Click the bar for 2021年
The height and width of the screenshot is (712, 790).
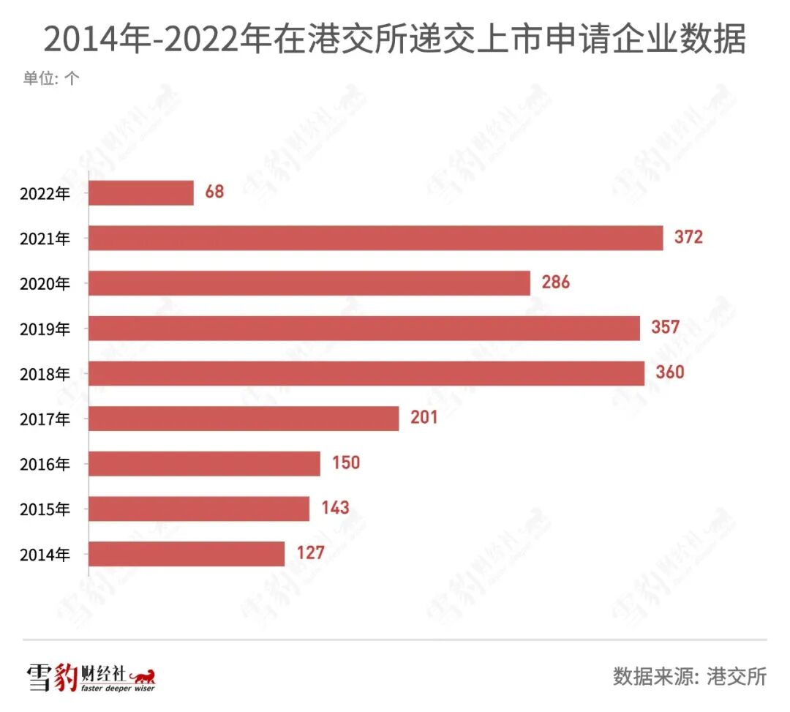(376, 238)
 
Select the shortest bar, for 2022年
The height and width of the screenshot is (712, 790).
(141, 193)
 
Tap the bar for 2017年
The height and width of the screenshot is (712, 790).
(244, 419)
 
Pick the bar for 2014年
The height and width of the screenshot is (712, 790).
(187, 554)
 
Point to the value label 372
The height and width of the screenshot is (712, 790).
(688, 237)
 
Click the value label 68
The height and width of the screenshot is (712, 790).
(214, 192)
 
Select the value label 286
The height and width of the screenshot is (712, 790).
(555, 282)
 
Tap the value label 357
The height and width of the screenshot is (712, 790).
(666, 327)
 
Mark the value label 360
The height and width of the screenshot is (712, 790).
(669, 372)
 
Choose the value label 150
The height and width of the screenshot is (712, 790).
(345, 463)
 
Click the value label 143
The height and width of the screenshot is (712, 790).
(335, 508)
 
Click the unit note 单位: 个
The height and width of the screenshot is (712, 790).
(50, 78)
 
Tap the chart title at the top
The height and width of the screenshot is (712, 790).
(394, 39)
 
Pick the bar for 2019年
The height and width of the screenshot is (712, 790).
(364, 328)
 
